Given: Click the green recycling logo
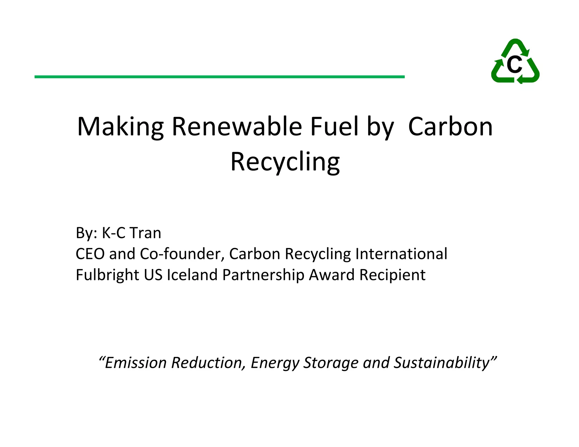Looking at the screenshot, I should (515, 61).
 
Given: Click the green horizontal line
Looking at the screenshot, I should (219, 77).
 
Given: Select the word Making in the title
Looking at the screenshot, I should (120, 127).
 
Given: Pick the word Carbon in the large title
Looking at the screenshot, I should (450, 127).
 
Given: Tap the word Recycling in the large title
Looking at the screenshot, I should (285, 162).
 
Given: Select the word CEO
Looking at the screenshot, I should (90, 254).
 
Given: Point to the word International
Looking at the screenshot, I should (401, 254).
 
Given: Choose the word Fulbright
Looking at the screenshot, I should (107, 275).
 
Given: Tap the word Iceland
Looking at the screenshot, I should (192, 275).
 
